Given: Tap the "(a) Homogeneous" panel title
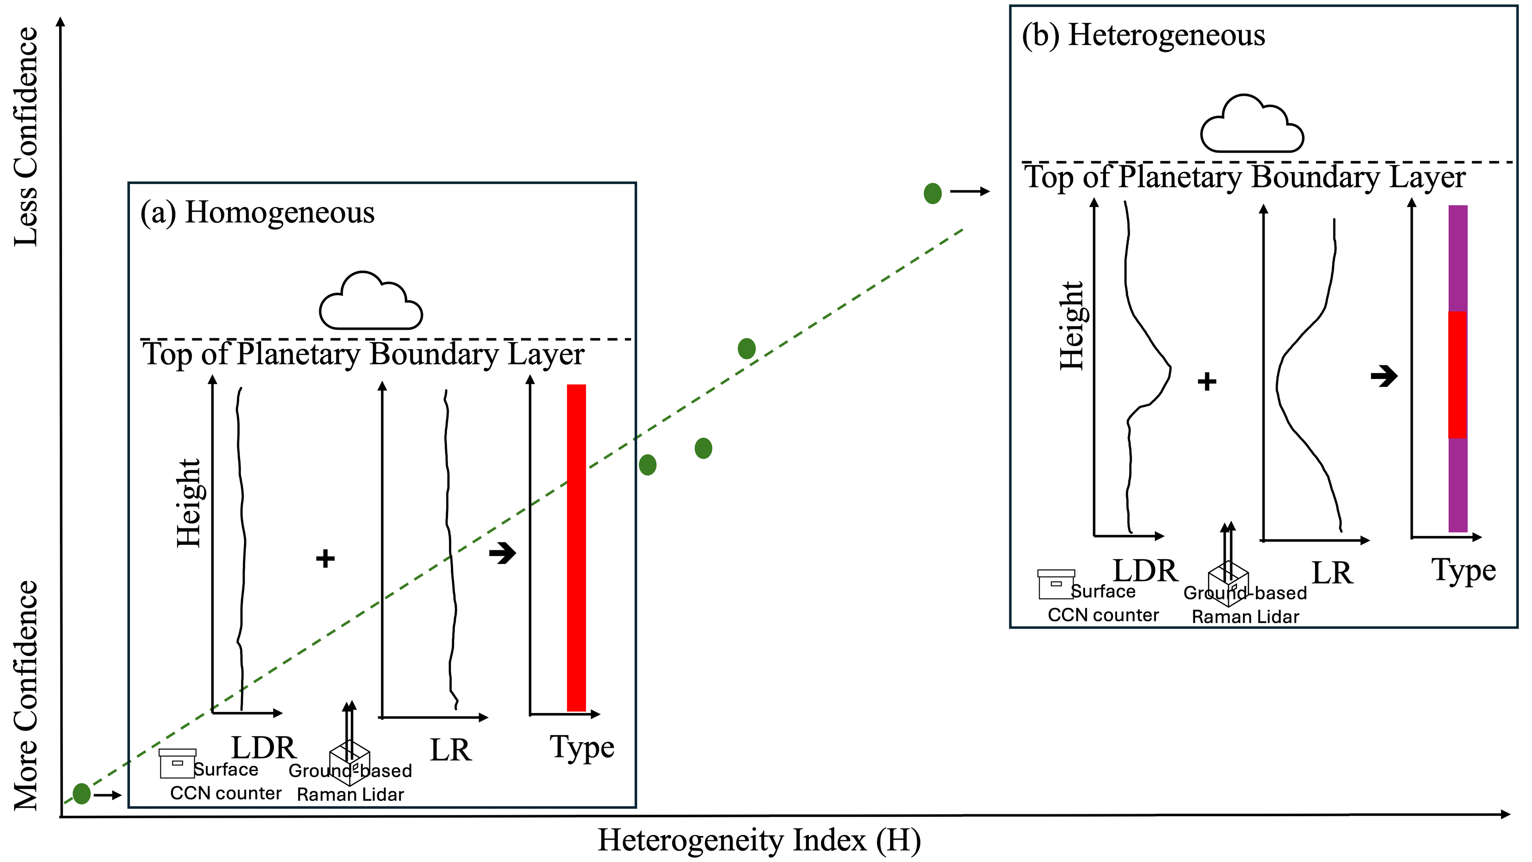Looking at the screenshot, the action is [x=258, y=213].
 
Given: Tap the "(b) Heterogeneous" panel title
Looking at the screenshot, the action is [x=1143, y=35].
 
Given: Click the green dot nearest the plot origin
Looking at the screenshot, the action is [x=82, y=793].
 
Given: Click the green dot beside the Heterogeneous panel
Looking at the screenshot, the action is [x=933, y=193].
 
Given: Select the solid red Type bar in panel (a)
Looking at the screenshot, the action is [x=576, y=547].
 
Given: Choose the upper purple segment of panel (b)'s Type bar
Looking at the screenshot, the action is [x=1458, y=258].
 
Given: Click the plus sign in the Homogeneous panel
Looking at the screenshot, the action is [x=325, y=558].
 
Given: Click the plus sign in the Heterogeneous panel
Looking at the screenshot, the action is [x=1207, y=381].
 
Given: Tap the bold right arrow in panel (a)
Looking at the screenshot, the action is [x=502, y=553].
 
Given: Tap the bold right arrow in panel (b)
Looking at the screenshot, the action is [x=1384, y=376].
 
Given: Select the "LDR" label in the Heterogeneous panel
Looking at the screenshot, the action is [x=1145, y=571].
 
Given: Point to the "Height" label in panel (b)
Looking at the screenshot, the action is [x=1073, y=325].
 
